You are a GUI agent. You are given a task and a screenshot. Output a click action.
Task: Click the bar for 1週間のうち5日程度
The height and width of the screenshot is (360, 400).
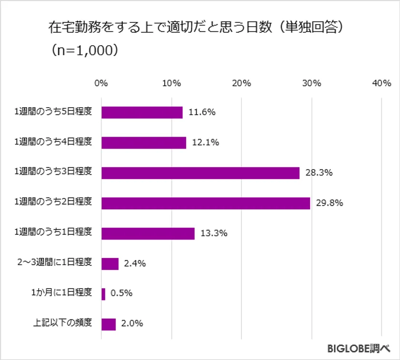click(x=142, y=112)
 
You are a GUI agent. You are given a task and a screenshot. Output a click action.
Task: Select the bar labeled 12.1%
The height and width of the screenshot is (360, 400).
click(x=143, y=142)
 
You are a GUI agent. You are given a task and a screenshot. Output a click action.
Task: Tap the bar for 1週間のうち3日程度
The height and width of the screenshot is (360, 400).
click(x=200, y=173)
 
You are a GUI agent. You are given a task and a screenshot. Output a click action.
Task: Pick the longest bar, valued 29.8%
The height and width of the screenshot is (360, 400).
click(x=205, y=203)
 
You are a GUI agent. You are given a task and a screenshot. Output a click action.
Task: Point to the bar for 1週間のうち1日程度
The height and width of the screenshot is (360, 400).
click(x=148, y=233)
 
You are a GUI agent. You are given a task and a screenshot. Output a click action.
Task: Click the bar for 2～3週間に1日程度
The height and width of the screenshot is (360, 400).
click(x=110, y=263)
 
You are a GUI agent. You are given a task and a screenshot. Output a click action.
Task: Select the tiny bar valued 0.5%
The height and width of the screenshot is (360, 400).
click(x=103, y=294)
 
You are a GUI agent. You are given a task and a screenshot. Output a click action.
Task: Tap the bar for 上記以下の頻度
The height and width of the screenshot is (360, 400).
click(x=109, y=324)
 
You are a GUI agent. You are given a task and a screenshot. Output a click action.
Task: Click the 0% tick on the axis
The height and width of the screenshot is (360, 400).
click(x=101, y=83)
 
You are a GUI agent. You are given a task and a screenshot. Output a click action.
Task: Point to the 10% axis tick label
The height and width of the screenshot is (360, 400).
click(x=171, y=83)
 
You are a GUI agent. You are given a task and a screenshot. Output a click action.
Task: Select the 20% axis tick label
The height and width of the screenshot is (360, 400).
click(x=241, y=83)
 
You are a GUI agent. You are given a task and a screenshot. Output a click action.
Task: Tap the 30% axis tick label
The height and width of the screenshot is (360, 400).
click(x=311, y=83)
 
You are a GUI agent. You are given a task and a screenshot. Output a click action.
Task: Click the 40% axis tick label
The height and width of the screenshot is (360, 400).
click(x=381, y=83)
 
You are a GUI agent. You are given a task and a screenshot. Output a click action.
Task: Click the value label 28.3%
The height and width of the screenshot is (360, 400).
click(x=319, y=173)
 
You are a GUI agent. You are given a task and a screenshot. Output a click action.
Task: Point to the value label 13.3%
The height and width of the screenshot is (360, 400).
click(x=214, y=233)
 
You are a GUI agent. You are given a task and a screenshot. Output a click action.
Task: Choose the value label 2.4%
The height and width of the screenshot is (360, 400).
click(x=135, y=263)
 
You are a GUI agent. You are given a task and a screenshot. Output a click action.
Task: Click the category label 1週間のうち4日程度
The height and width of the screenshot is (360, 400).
click(x=53, y=142)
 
